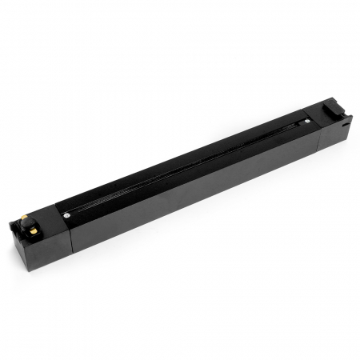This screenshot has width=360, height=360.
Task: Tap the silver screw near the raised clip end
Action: coord(306,118)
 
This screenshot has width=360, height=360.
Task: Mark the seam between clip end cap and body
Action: coord(321,136)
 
